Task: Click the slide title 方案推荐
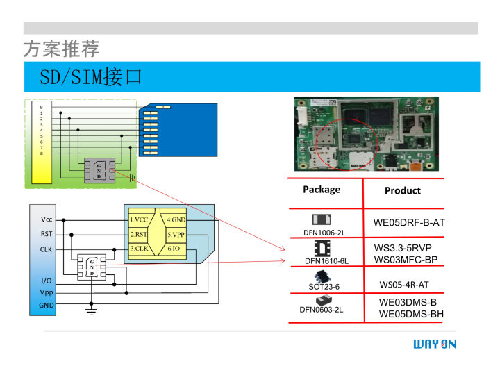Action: (x=61, y=49)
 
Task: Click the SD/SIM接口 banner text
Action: (x=91, y=77)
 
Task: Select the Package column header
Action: (x=322, y=190)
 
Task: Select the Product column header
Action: (x=403, y=190)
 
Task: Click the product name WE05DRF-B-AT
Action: (x=409, y=223)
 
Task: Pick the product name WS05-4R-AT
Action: (x=404, y=285)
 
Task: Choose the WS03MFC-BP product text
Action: (x=406, y=260)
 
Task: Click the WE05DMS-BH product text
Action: (x=411, y=315)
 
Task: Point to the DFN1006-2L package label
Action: (x=324, y=233)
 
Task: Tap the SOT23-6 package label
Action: (x=324, y=286)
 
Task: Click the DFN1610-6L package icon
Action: (x=322, y=248)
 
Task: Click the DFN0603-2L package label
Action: (x=322, y=310)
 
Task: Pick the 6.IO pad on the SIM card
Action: (x=174, y=249)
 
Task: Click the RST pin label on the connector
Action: (x=46, y=234)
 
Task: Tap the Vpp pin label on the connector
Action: (x=47, y=292)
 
